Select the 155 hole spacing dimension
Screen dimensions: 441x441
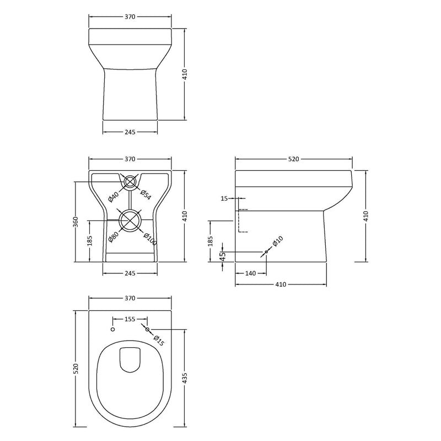click(130, 318)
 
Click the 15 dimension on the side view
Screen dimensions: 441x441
click(224, 198)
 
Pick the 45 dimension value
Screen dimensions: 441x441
click(222, 255)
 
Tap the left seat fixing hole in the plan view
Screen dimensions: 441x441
click(112, 329)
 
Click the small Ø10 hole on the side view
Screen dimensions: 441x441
click(266, 252)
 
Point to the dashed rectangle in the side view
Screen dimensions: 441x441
click(242, 221)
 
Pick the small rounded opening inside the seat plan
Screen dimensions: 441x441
click(130, 359)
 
